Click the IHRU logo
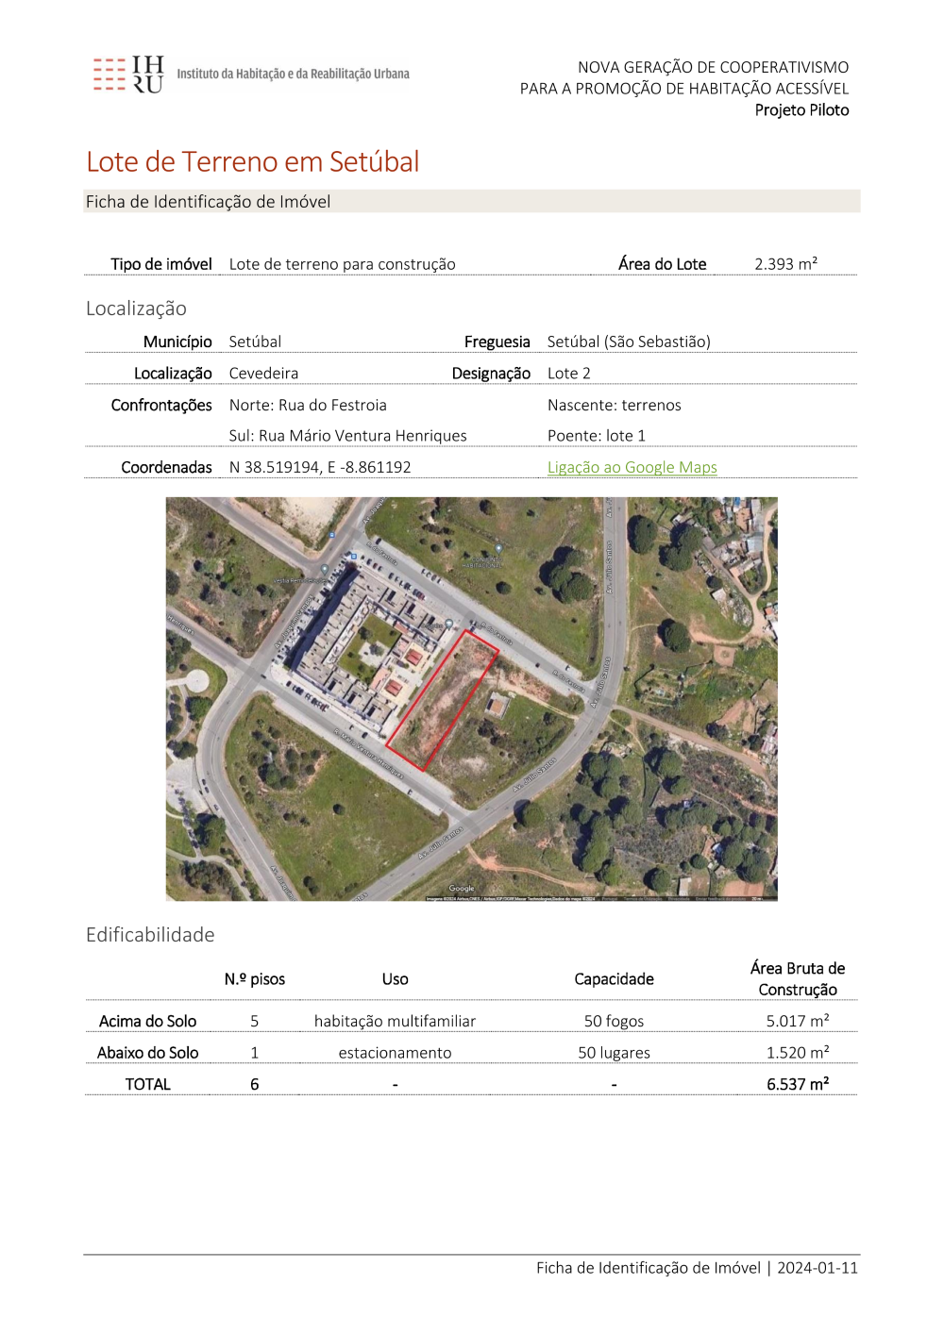tap(128, 75)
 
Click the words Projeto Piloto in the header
tap(801, 110)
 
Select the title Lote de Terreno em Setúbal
tap(253, 162)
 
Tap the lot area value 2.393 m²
tap(785, 264)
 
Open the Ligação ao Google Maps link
tap(632, 467)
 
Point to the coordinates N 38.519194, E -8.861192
tap(320, 467)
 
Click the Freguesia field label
tap(497, 342)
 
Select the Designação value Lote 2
tap(568, 374)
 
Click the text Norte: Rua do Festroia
tap(308, 405)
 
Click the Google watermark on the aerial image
tap(462, 889)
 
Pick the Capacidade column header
tap(614, 979)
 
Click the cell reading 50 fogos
tap(614, 1021)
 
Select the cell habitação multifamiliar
tap(395, 1021)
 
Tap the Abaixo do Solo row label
tap(148, 1053)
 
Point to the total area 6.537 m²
tap(798, 1085)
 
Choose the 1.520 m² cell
tap(798, 1053)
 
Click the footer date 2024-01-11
tap(818, 1268)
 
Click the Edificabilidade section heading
tap(150, 935)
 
